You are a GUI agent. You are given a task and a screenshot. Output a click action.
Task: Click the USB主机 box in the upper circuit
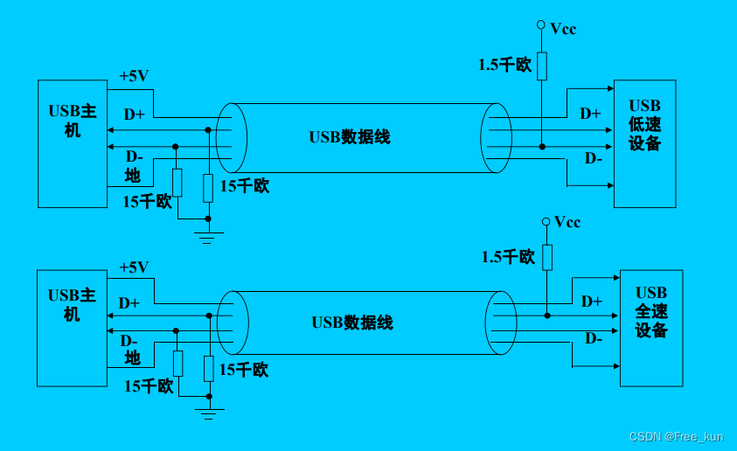tap(72, 143)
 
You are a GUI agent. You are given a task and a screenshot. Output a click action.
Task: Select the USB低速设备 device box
tap(644, 143)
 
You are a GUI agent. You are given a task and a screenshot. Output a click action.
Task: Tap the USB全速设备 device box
tap(650, 329)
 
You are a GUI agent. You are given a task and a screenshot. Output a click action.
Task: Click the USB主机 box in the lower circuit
tap(72, 327)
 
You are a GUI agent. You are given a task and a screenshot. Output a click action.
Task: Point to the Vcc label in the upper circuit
tap(563, 29)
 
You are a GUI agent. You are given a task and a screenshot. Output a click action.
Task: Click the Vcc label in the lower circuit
tap(567, 222)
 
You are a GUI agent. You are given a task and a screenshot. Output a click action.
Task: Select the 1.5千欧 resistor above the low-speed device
tap(542, 66)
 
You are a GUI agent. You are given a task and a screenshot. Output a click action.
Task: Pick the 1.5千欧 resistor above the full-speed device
tap(547, 257)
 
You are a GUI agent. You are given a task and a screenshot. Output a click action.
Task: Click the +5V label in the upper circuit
tap(134, 76)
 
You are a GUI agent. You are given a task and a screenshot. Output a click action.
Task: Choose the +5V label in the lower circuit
tap(134, 267)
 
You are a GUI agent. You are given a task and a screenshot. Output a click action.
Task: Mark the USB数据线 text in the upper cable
tap(350, 137)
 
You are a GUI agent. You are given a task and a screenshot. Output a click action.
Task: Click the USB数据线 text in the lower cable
tap(352, 323)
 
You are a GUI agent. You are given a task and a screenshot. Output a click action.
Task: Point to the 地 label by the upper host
tap(133, 176)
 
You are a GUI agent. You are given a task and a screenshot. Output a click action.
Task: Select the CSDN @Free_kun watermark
tap(677, 436)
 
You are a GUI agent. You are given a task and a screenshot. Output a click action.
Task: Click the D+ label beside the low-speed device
tap(590, 114)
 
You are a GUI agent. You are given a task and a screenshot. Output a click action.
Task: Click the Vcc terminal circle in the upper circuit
tap(541, 25)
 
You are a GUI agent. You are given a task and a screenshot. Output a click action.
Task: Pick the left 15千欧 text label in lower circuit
tap(148, 386)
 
